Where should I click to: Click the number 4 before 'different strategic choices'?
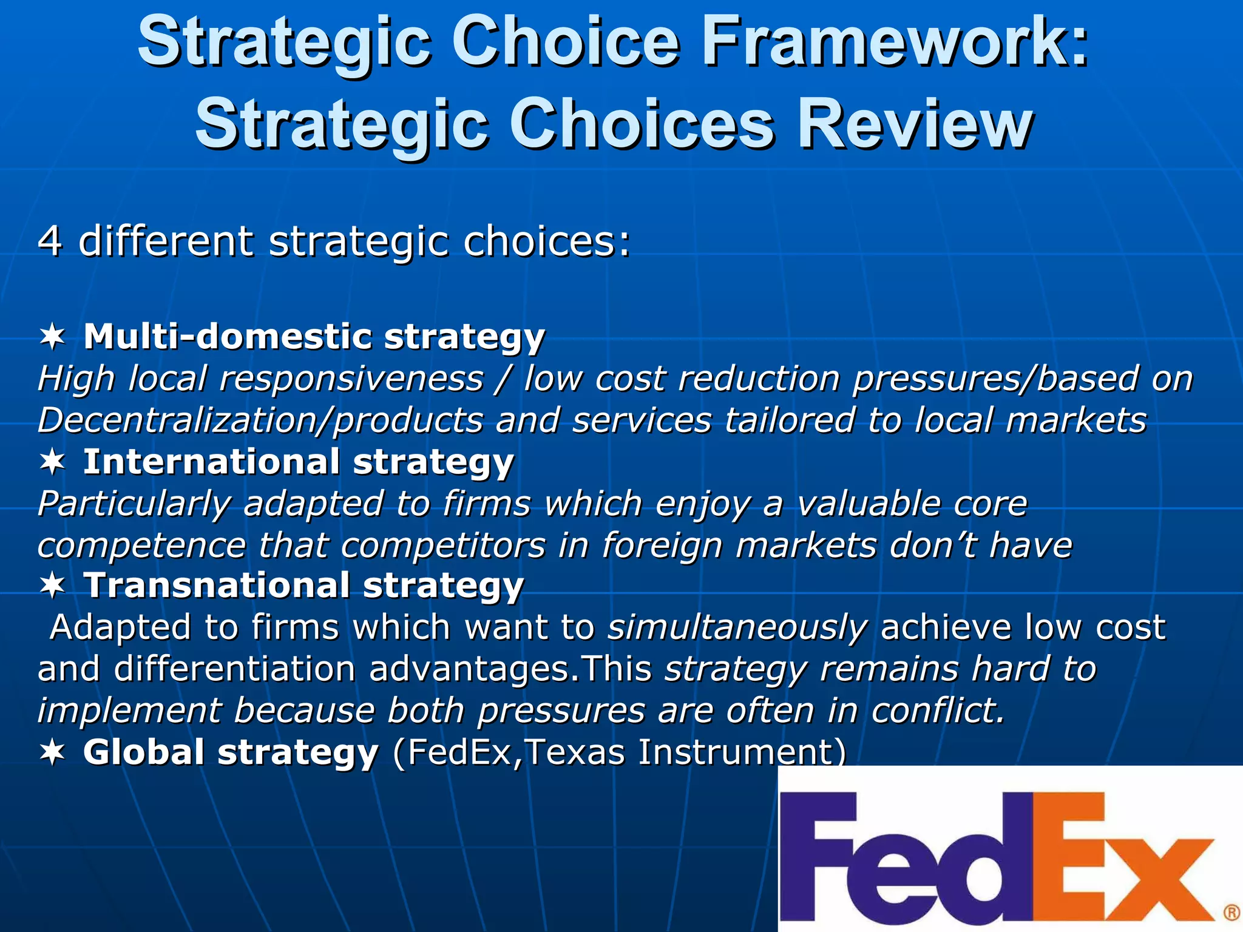50,241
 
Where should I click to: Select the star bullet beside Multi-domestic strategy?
53,337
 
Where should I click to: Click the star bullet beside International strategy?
53,462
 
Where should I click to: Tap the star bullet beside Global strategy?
53,752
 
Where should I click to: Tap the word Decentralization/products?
261,420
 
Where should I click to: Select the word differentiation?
234,669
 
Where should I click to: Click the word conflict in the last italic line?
938,711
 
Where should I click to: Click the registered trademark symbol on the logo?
1231,913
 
